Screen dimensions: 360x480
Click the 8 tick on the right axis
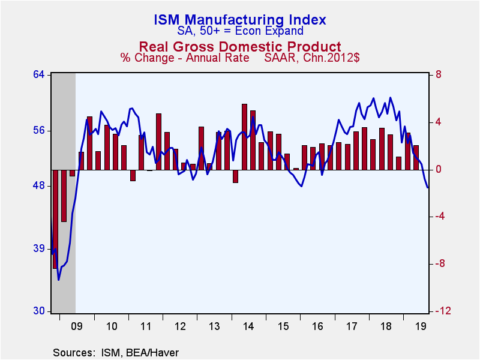[438, 74]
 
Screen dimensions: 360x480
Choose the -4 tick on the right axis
[439, 217]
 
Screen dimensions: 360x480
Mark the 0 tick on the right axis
[438, 169]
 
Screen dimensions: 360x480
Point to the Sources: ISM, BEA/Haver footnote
[116, 352]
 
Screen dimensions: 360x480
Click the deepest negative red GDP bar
[55, 219]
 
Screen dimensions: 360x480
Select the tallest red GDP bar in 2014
[244, 137]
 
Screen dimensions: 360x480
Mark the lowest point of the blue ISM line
[58, 280]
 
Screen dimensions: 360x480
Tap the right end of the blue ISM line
[428, 188]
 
